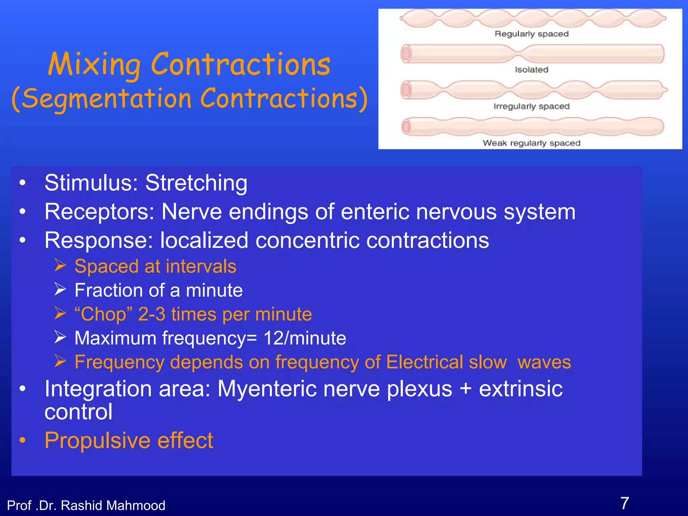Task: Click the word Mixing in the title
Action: coord(94,65)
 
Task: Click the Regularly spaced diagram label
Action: coord(531,34)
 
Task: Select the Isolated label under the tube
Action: coord(531,70)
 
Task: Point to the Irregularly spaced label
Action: coord(531,106)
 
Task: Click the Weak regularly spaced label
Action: coord(531,143)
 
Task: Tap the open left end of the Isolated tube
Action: coord(406,54)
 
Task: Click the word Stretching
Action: coord(196,183)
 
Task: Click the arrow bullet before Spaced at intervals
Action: coord(60,265)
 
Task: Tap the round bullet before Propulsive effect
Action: coord(23,440)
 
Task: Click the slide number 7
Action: coord(625,503)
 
